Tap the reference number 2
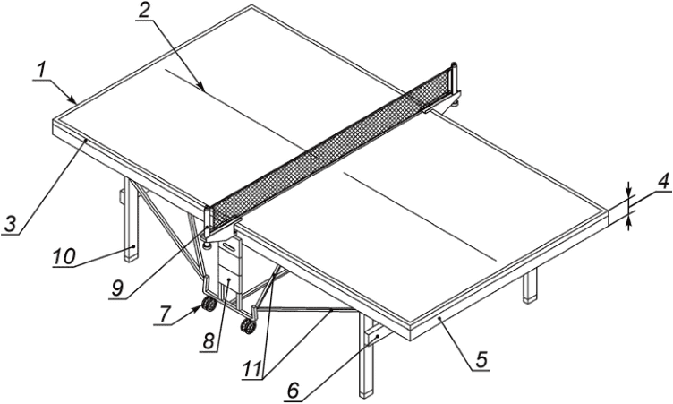coord(145,11)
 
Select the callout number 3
coord(12,224)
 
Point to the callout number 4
coord(662,182)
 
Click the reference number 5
coord(481,360)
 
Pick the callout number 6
coord(294,391)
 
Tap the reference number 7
coord(165,314)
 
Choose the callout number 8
coord(209,341)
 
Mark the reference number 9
coord(117,288)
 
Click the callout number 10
coord(64,256)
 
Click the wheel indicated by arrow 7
coord(209,305)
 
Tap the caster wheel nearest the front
coord(248,327)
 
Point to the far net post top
coord(453,65)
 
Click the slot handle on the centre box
coord(229,247)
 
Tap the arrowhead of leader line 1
coord(72,99)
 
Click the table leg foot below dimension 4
coord(530,299)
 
